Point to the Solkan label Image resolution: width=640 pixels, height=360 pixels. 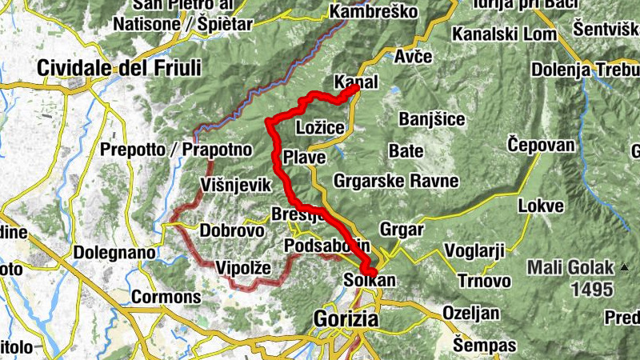364,281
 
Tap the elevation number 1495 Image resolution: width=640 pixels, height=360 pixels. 593,288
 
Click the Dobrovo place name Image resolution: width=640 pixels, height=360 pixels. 231,230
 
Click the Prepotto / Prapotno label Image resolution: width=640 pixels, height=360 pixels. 176,150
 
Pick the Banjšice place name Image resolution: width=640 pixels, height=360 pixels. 432,120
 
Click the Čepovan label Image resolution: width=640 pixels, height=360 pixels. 542,145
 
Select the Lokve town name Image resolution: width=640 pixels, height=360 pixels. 541,206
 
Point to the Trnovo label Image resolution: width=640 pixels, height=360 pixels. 484,281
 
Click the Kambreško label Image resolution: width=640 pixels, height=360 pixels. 374,13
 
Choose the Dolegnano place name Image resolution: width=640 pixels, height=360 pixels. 114,252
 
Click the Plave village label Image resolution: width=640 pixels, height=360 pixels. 304,158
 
